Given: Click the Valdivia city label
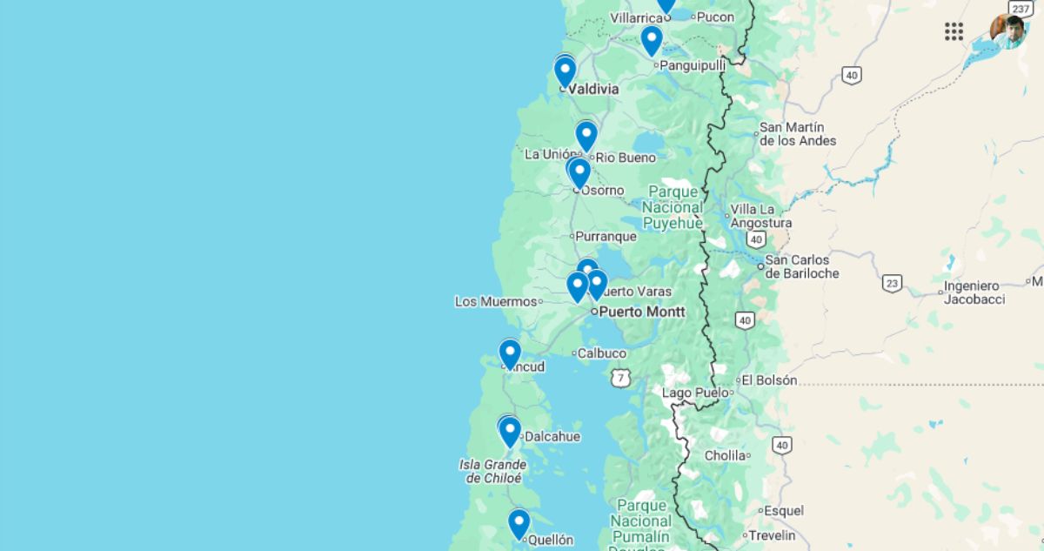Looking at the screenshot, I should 593,89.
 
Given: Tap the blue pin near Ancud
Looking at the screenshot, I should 510,353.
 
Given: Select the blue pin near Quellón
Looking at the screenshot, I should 519,523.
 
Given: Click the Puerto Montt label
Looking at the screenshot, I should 642,312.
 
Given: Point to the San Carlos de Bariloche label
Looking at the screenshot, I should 802,266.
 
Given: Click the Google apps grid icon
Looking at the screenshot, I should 954,31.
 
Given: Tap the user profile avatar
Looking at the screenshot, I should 1008,31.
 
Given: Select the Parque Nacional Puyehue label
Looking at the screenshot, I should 673,207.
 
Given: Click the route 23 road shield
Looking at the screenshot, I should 892,283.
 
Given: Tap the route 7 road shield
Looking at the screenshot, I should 619,377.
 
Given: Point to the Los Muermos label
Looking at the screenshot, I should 496,301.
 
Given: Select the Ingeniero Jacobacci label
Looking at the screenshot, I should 974,292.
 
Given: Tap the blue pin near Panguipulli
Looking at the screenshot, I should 652,40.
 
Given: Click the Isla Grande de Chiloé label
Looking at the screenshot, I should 492,471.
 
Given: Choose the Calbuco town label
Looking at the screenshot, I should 602,353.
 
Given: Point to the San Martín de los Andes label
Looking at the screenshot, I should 798,134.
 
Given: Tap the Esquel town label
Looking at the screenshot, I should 784,511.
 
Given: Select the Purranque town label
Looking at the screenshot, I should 606,236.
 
